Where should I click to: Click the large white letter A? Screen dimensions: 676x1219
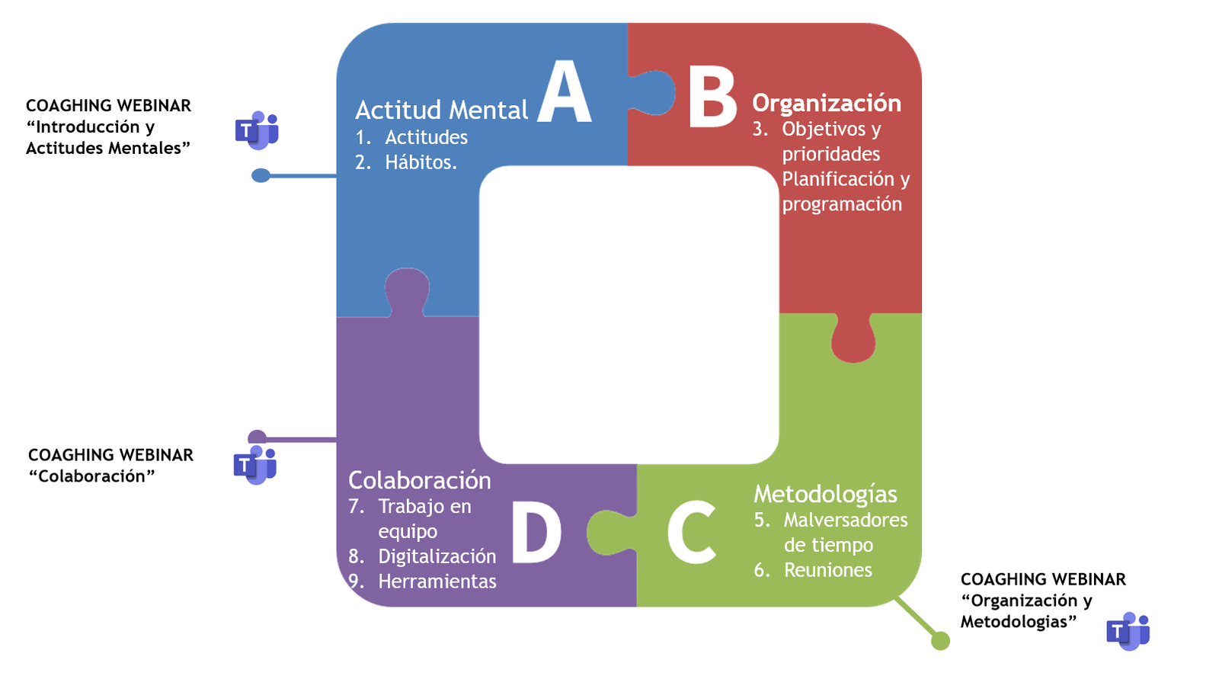tap(564, 93)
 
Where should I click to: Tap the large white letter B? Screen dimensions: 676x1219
tap(712, 97)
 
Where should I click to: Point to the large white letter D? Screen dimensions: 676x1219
tap(536, 533)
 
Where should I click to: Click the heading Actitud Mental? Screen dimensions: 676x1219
tap(441, 111)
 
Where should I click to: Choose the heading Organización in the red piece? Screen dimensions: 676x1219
tap(827, 103)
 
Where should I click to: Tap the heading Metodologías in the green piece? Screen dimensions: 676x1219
tap(825, 494)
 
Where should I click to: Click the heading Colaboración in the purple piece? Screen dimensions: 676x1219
tap(419, 480)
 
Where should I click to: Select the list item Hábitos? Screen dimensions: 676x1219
tap(421, 162)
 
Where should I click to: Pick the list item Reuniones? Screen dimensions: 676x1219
tap(827, 570)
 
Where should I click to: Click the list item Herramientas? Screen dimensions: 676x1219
tap(437, 581)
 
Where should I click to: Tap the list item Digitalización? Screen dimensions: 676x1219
tap(437, 556)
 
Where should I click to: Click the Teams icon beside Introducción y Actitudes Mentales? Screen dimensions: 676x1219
tap(257, 130)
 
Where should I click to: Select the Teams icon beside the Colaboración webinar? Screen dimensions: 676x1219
tap(255, 465)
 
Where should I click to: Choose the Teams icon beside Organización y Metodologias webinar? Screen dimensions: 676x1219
tap(1128, 631)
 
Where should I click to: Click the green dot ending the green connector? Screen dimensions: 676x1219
tap(941, 641)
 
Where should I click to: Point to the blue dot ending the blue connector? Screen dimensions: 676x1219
tap(261, 176)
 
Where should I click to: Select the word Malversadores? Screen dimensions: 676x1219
tap(846, 520)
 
